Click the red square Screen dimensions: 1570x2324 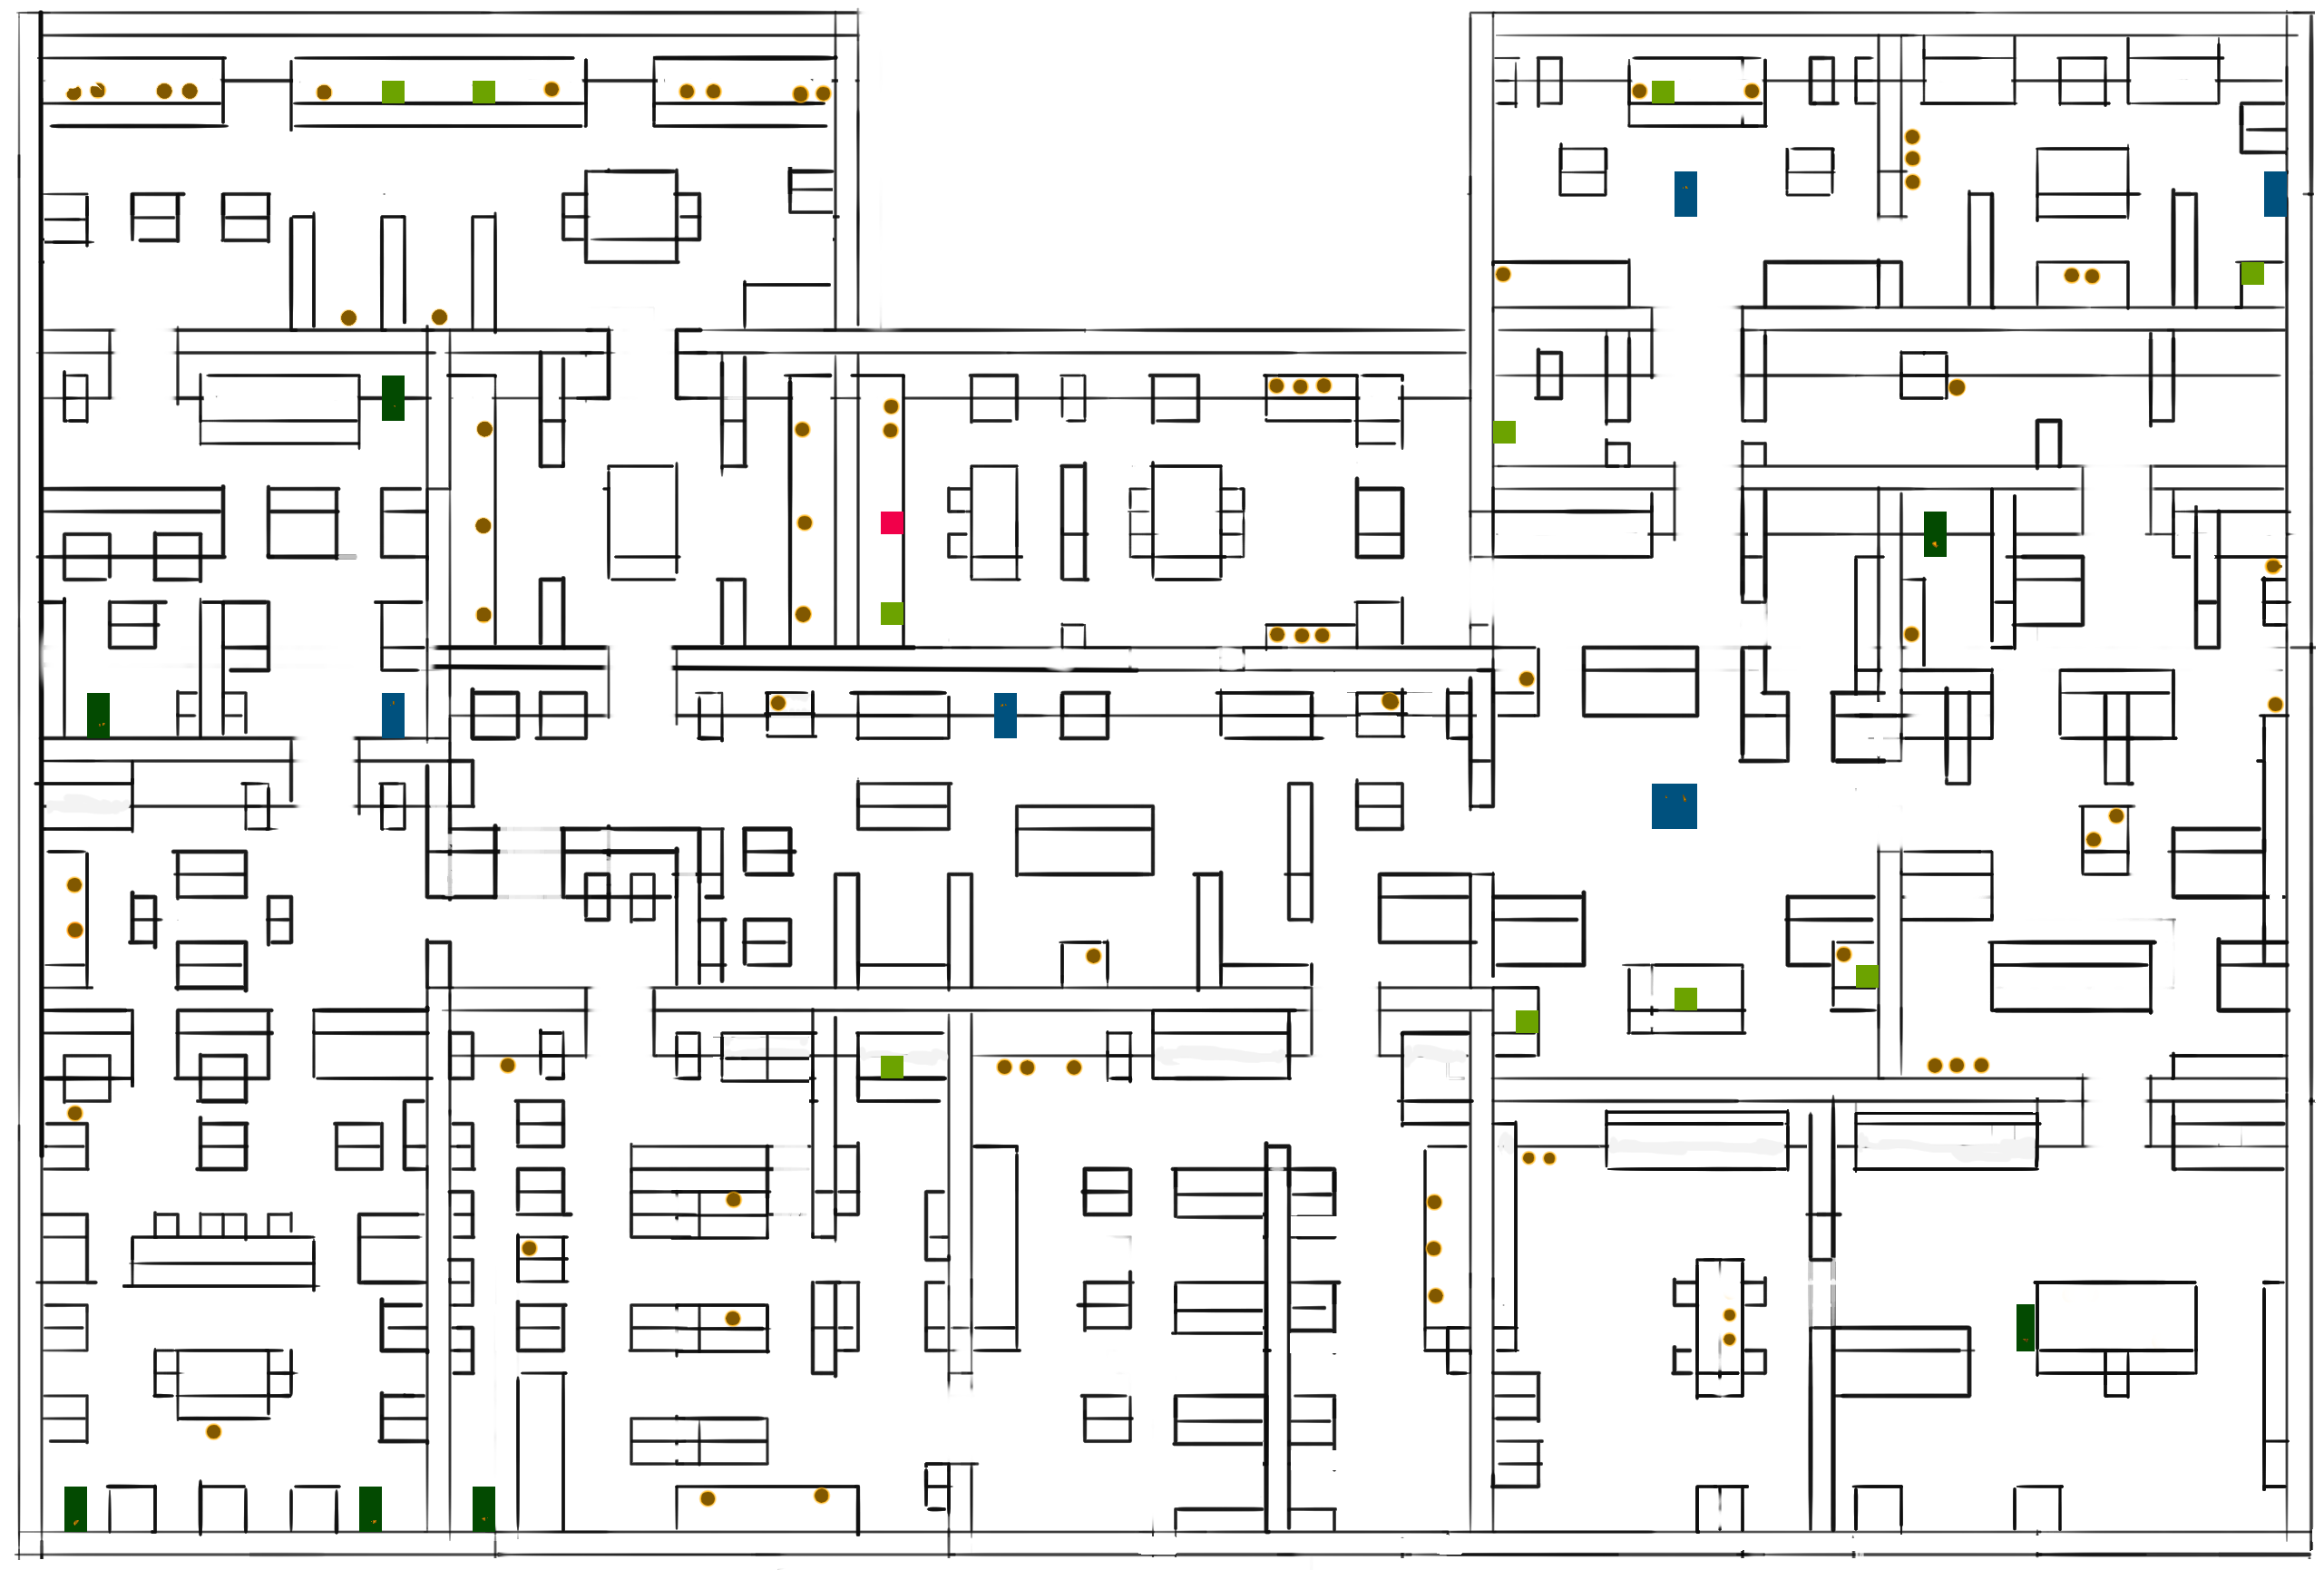tap(891, 522)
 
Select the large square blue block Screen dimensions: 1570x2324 tap(1673, 806)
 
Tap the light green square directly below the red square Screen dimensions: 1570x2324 tap(891, 613)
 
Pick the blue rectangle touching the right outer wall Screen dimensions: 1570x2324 tap(2275, 194)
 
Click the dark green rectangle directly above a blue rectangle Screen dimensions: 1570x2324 tap(393, 398)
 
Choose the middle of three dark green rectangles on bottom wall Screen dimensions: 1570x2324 tap(370, 1509)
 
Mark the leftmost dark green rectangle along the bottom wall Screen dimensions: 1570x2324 tap(75, 1509)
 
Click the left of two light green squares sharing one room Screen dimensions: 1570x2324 tap(393, 92)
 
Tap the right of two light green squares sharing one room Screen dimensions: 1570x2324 tap(483, 92)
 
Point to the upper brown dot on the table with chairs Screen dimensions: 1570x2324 tap(1729, 1315)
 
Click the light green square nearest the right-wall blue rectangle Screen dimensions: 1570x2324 tap(2252, 273)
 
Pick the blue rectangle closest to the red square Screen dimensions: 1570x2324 tap(1005, 715)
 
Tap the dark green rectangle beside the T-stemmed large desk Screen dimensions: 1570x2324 tap(2025, 1327)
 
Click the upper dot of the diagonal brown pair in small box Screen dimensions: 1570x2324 tap(2116, 816)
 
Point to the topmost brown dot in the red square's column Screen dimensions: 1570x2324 tap(891, 407)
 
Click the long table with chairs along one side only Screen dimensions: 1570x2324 tap(222, 1261)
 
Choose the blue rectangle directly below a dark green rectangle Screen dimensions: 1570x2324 tap(393, 715)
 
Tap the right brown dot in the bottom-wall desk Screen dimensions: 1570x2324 tap(821, 1496)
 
